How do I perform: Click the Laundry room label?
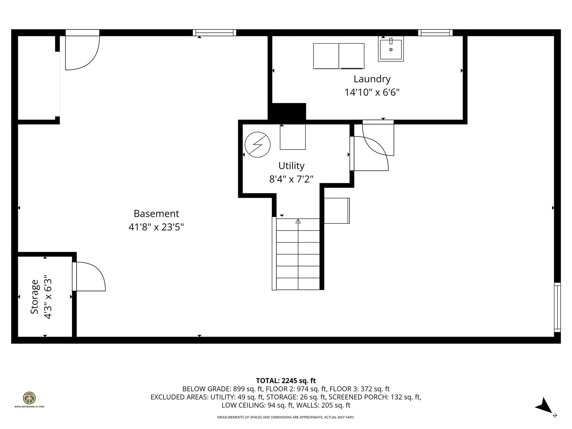(x=372, y=79)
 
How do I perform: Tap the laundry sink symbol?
(x=391, y=49)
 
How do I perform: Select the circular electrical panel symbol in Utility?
(x=257, y=145)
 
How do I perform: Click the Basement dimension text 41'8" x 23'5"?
(x=156, y=227)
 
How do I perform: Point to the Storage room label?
(x=35, y=296)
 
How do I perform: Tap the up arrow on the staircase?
(x=298, y=221)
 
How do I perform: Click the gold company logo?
(x=29, y=398)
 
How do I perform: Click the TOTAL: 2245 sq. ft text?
(x=286, y=381)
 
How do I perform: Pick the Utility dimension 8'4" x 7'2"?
(x=291, y=179)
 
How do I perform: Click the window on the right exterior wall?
(x=557, y=307)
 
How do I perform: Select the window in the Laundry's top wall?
(x=435, y=32)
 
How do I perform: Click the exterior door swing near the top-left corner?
(x=82, y=52)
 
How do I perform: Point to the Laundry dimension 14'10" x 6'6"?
(x=372, y=93)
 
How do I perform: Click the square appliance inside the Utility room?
(x=293, y=137)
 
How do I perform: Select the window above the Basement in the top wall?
(x=214, y=32)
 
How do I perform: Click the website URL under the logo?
(x=29, y=407)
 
